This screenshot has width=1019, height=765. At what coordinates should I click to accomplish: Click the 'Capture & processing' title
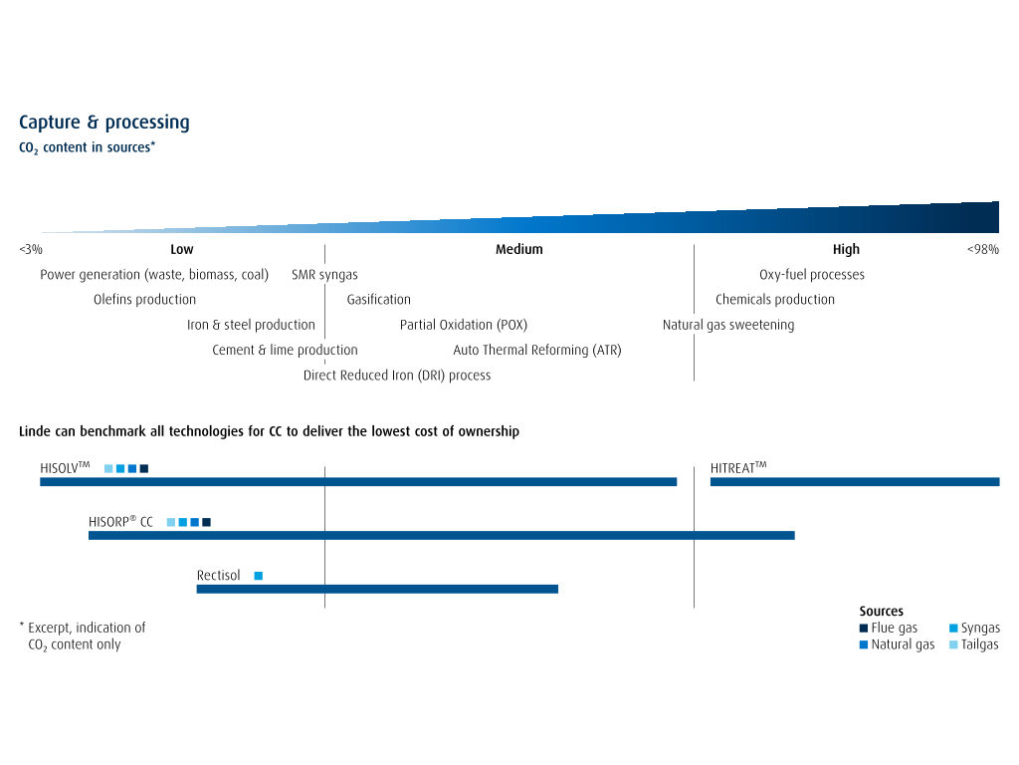click(x=103, y=123)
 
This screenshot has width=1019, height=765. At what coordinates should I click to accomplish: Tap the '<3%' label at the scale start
click(x=31, y=249)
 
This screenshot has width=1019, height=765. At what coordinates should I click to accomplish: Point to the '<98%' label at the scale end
click(x=982, y=249)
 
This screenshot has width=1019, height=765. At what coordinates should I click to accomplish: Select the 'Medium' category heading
click(x=518, y=249)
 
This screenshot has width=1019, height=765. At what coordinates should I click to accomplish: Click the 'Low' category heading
click(x=182, y=249)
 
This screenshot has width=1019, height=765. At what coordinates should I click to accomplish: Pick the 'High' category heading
click(x=846, y=249)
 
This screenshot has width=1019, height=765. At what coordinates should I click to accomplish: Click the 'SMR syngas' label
click(x=324, y=275)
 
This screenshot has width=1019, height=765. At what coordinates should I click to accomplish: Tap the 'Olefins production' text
click(x=144, y=299)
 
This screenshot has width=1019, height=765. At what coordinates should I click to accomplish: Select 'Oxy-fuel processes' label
click(x=812, y=275)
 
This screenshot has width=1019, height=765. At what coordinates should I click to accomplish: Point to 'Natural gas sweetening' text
click(x=727, y=325)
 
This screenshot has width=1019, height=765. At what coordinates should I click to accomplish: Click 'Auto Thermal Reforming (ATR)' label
click(x=536, y=350)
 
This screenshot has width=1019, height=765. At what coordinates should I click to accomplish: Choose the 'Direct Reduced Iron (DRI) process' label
click(x=397, y=376)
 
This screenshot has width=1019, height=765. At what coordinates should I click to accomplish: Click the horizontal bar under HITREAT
click(x=855, y=482)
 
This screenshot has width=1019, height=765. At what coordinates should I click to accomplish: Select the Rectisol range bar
click(x=377, y=590)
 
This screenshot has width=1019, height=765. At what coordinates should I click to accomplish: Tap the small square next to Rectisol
click(x=259, y=576)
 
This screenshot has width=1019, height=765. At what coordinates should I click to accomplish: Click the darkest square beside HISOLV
click(x=144, y=468)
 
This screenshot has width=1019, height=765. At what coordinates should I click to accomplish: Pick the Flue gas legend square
click(x=864, y=629)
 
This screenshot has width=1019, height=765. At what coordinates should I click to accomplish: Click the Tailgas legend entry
click(x=973, y=644)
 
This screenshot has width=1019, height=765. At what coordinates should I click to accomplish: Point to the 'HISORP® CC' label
click(x=120, y=522)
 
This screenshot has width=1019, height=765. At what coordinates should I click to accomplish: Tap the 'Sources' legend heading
click(x=882, y=611)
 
